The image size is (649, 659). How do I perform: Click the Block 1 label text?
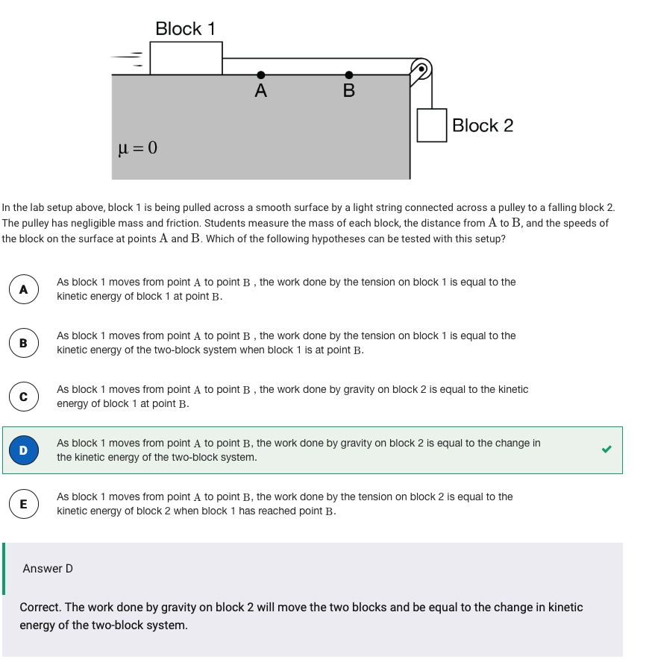[x=185, y=29]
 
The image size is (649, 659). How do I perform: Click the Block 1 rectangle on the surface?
[x=186, y=58]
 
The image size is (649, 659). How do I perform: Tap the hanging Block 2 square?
[x=432, y=125]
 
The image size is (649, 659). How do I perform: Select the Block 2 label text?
[x=483, y=125]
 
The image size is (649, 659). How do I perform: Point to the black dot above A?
[x=260, y=75]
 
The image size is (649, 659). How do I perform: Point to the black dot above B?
[x=348, y=75]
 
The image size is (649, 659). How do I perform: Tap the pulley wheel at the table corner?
[x=421, y=69]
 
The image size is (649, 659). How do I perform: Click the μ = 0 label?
[x=138, y=147]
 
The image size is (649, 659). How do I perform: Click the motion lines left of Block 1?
[x=128, y=59]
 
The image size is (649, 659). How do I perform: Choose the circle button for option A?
[x=23, y=290]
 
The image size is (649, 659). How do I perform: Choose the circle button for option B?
[x=23, y=343]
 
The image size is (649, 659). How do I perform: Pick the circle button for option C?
[x=23, y=397]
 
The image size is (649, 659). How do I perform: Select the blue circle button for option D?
[x=23, y=450]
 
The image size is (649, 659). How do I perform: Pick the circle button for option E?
[x=23, y=504]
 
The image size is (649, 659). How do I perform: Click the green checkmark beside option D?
[x=606, y=450]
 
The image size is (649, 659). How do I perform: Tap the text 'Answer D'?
[x=48, y=569]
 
